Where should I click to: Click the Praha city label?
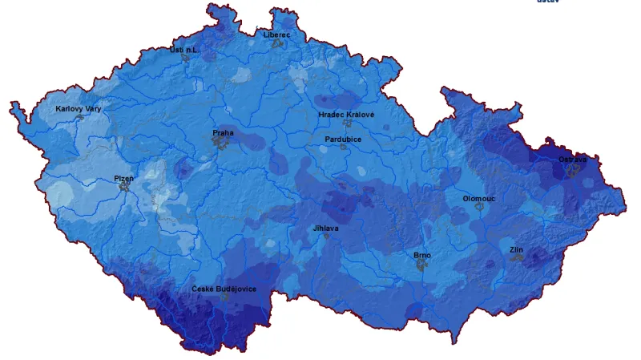click(x=223, y=132)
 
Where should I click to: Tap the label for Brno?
click(x=422, y=255)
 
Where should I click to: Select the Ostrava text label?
click(x=572, y=160)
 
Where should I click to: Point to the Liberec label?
click(x=276, y=34)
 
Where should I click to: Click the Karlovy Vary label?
click(x=79, y=108)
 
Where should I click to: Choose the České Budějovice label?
click(x=224, y=289)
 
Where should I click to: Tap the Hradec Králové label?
click(x=346, y=115)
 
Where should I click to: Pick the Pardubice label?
click(x=343, y=139)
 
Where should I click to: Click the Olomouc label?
click(x=479, y=197)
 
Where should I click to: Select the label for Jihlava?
click(x=325, y=228)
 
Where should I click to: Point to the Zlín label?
click(x=517, y=249)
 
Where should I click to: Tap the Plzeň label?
click(x=124, y=177)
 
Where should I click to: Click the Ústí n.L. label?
click(x=183, y=49)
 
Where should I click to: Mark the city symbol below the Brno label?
click(x=421, y=264)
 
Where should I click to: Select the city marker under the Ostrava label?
click(x=572, y=169)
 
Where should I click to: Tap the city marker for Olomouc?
click(x=479, y=205)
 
